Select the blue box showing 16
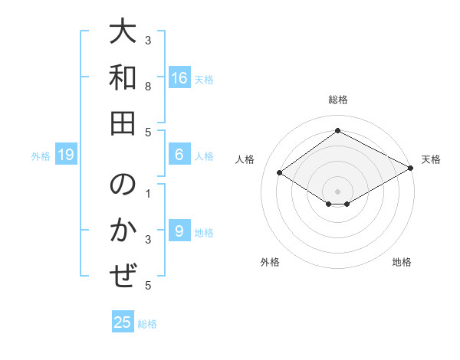[x=179, y=77]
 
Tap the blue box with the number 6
[x=179, y=155]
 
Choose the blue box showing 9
[x=179, y=231]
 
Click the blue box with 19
[x=66, y=155]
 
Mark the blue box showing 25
[x=123, y=322]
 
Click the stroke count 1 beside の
[x=148, y=192]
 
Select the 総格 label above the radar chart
[x=337, y=100]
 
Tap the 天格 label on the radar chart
[x=431, y=159]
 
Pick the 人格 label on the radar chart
[x=245, y=159]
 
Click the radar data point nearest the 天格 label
[x=411, y=168]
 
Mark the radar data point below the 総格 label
[x=337, y=130]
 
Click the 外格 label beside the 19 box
[x=41, y=155]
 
